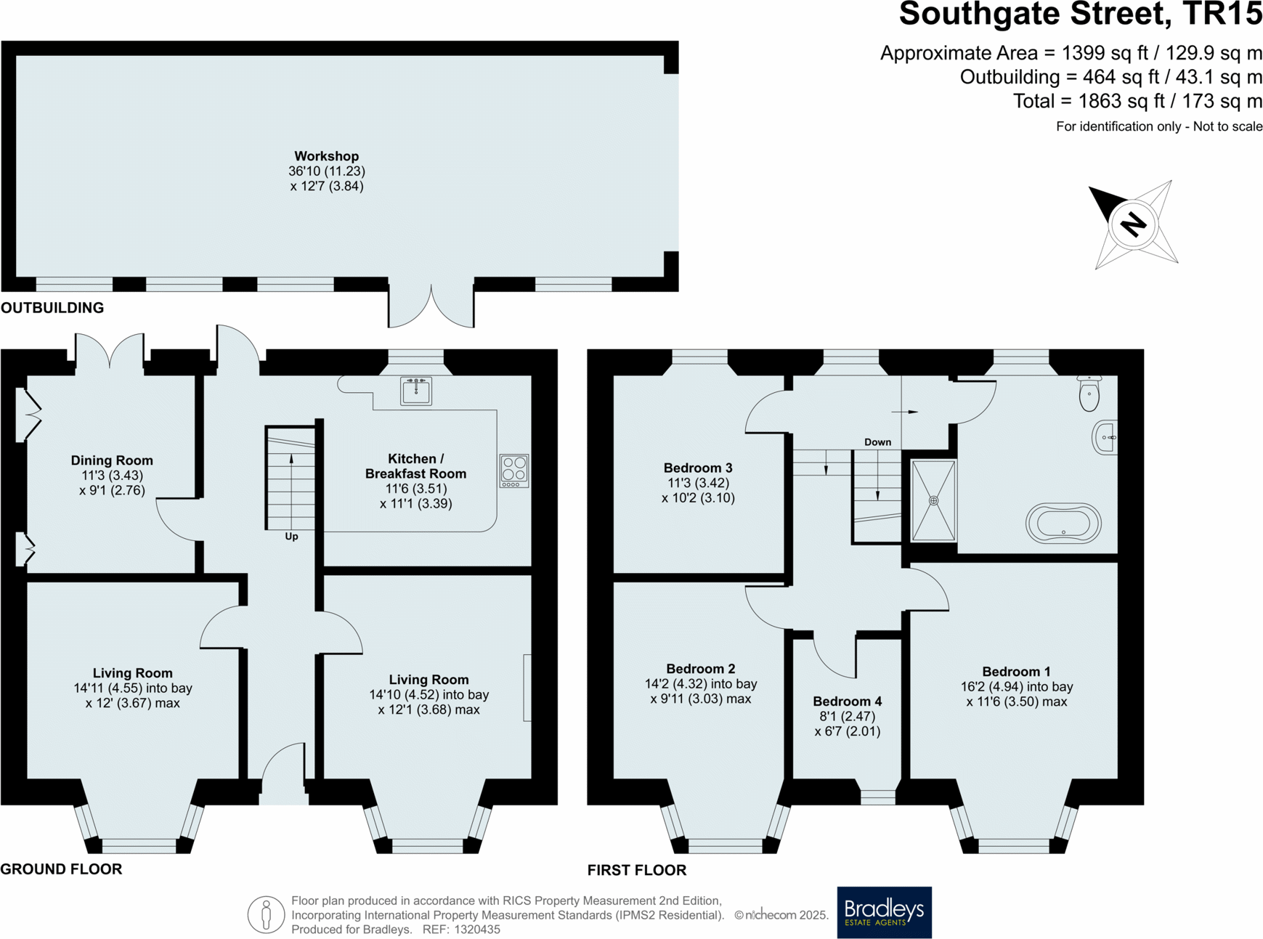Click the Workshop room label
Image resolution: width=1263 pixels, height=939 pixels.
[326, 156]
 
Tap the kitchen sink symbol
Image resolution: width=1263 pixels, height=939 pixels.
[416, 391]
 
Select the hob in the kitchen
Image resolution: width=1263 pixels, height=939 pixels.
[514, 471]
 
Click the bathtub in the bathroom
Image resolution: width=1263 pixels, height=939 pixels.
[1063, 524]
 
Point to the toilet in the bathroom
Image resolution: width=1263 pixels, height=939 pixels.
[1089, 394]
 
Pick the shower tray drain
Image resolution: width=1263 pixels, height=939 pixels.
[934, 500]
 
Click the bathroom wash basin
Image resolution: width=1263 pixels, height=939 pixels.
[1105, 437]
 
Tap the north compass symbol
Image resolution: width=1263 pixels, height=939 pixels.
[1133, 224]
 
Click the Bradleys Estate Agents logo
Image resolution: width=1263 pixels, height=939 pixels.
[884, 912]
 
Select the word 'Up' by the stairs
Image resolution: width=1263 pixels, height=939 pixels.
[291, 537]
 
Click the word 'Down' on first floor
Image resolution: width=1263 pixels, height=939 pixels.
[877, 442]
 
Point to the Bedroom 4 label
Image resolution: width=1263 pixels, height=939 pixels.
[847, 702]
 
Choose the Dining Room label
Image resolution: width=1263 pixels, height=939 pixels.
[112, 460]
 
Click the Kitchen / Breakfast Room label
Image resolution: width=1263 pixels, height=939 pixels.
[415, 466]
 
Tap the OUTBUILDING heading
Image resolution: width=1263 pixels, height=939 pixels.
[52, 308]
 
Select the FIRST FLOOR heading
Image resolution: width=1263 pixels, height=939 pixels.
[636, 870]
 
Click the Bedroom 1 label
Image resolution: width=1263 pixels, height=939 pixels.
[1016, 672]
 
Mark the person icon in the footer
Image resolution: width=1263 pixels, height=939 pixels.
[266, 914]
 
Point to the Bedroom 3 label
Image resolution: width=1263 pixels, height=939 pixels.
[698, 468]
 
